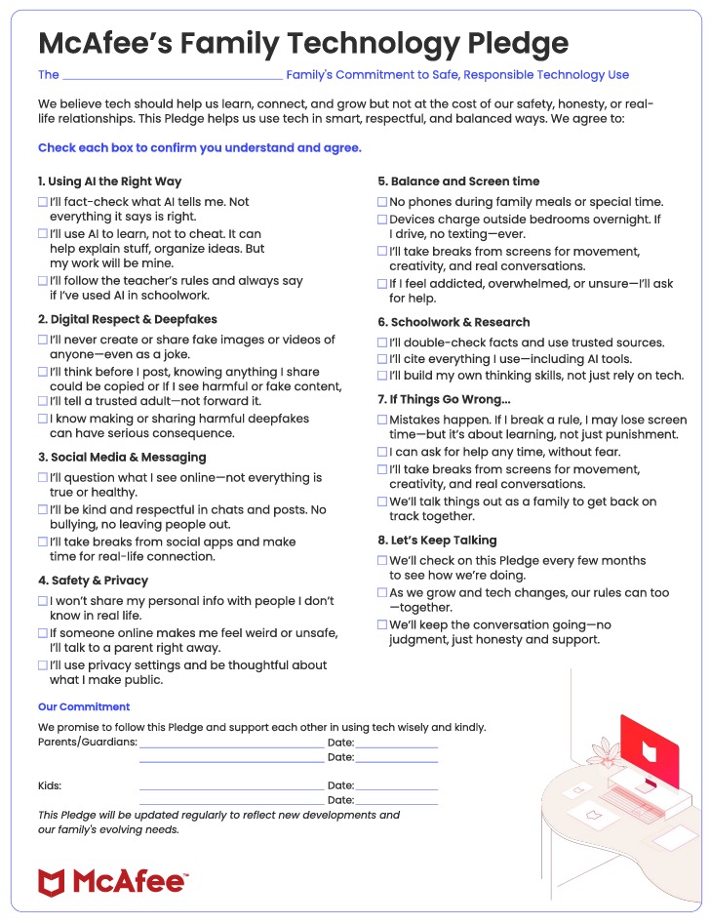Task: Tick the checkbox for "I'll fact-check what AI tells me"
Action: [x=43, y=202]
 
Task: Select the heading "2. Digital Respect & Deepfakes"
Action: [x=128, y=319]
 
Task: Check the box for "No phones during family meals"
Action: [x=382, y=202]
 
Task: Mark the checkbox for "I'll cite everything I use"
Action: [x=382, y=359]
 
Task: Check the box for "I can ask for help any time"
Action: [x=382, y=453]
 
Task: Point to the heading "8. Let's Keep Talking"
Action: [x=437, y=540]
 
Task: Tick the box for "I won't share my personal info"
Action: [x=43, y=601]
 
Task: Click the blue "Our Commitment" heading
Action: [x=84, y=706]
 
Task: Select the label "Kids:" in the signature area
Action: [x=50, y=785]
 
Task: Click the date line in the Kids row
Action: [x=396, y=788]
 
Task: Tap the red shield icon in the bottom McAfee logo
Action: [x=51, y=882]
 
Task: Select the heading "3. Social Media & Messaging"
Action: [x=122, y=457]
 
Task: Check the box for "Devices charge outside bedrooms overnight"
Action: [x=382, y=220]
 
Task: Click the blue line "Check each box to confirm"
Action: [x=200, y=148]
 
